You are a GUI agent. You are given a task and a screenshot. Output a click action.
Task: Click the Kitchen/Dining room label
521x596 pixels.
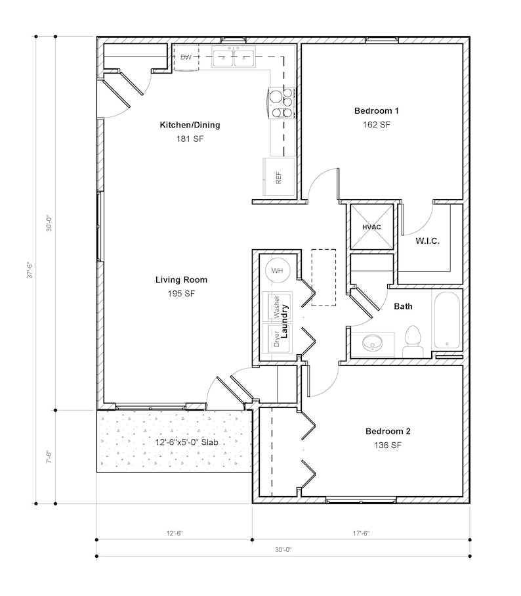pyautogui.click(x=190, y=125)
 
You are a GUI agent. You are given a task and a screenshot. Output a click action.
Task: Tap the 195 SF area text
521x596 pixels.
pyautogui.click(x=181, y=294)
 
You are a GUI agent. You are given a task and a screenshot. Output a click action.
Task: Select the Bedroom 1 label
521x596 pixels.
pyautogui.click(x=376, y=110)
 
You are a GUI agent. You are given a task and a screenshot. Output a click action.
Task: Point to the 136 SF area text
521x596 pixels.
pyautogui.click(x=388, y=446)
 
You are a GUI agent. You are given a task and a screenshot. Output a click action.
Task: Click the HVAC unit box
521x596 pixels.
pyautogui.click(x=371, y=227)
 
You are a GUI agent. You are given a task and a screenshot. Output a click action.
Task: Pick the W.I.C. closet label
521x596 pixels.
pyautogui.click(x=427, y=241)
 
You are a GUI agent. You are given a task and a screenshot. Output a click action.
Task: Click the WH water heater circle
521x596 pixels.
pyautogui.click(x=277, y=270)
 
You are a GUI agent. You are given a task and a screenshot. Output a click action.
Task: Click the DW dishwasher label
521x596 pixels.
pyautogui.click(x=186, y=58)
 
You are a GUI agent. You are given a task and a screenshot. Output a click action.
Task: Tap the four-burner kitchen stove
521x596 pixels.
pyautogui.click(x=282, y=103)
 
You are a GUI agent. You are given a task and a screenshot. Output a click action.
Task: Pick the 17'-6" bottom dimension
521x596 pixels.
pyautogui.click(x=361, y=534)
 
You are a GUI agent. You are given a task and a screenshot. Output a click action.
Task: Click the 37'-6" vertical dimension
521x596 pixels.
pyautogui.click(x=29, y=270)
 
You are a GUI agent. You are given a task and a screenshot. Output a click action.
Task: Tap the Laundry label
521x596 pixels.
pyautogui.click(x=285, y=320)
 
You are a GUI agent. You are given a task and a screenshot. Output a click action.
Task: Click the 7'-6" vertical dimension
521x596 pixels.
pyautogui.click(x=47, y=457)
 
